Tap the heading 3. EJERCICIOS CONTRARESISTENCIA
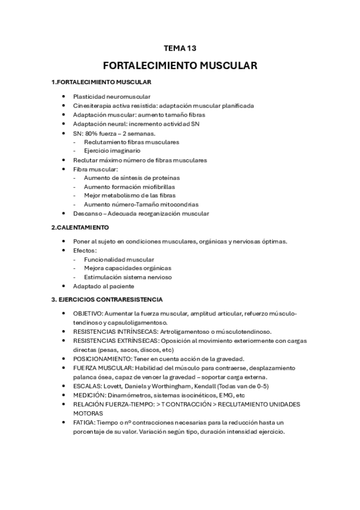106,299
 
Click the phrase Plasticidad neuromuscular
112,96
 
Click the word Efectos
85,250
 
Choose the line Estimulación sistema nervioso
128,277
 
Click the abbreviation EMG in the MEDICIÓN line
229,395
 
